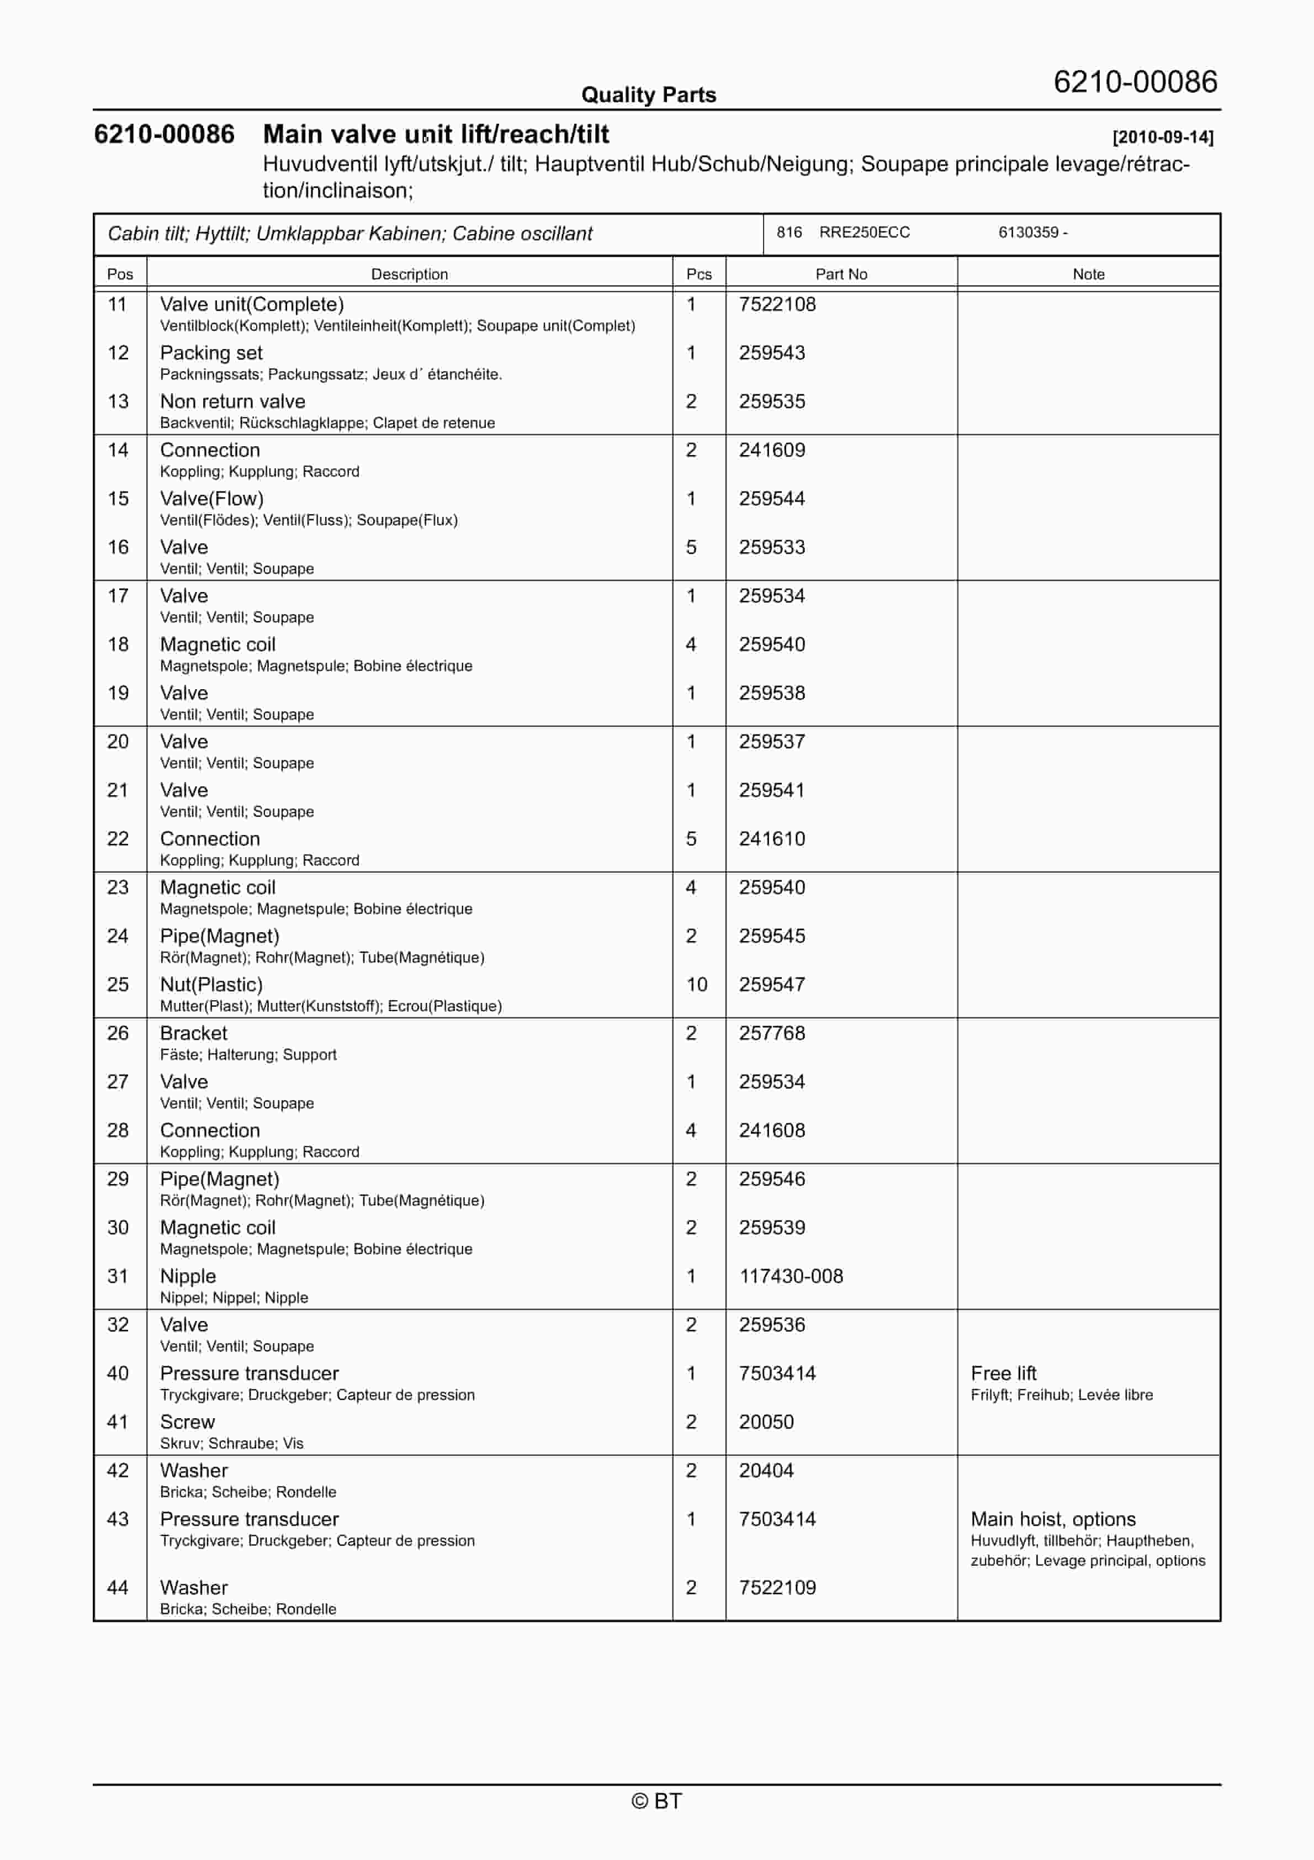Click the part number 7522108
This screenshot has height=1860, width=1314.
tap(777, 305)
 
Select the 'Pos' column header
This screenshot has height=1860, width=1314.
tap(120, 274)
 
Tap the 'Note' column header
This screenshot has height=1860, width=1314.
tap(1088, 274)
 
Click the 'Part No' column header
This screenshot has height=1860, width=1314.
tap(841, 274)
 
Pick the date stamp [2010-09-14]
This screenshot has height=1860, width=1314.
tap(1163, 137)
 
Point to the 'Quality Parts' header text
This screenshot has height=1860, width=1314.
tap(648, 95)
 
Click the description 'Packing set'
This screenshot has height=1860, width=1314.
tap(211, 353)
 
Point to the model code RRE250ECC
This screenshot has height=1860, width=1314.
tap(865, 232)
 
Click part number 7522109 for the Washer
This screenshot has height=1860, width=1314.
tap(777, 1587)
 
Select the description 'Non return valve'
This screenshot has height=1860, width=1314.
tap(232, 402)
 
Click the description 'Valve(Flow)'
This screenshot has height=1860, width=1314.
tap(211, 499)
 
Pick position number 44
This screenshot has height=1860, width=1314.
tap(118, 1587)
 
